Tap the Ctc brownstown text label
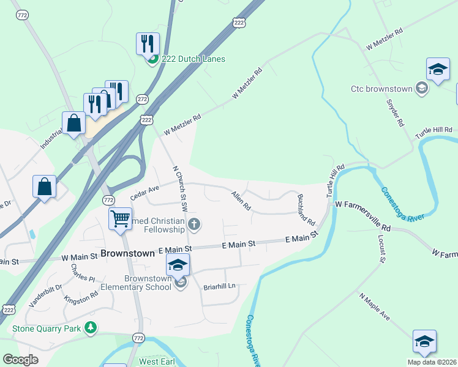[x=381, y=89]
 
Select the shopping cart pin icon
[x=121, y=218]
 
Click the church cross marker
[x=194, y=224]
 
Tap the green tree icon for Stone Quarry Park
[x=91, y=328]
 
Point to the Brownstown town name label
[x=127, y=253]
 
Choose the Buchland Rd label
[x=306, y=209]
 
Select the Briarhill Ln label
[x=219, y=285]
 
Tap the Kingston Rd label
[x=81, y=298]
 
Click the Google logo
[x=20, y=360]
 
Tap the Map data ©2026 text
[x=431, y=362]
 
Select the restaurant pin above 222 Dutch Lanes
[x=148, y=43]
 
